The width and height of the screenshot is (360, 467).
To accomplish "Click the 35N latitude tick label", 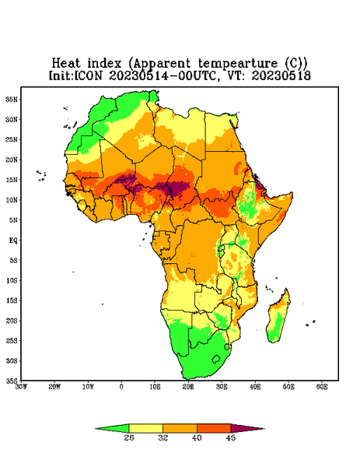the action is pos(12,100).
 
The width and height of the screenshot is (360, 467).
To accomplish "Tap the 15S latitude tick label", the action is pos(12,300).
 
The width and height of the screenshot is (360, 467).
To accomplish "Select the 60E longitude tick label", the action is pos(322,387).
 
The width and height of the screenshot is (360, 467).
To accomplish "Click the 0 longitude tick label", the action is pos(121,387).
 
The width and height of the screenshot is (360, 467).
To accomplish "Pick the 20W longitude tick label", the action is pos(54,387).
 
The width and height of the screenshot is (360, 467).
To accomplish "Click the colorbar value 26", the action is pos(129,437).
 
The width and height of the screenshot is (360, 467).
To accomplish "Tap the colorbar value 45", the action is pos(231,437).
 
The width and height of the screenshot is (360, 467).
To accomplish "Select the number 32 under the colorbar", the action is pos(163,437).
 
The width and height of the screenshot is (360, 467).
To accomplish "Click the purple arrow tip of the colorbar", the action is pos(264,429).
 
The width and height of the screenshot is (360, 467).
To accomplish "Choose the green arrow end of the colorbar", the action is pos(96,429).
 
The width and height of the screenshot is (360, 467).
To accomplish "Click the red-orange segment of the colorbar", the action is pos(214,428).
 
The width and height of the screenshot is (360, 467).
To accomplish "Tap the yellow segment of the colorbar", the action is pos(145,428).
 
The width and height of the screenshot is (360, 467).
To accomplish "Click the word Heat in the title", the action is pos(66,64).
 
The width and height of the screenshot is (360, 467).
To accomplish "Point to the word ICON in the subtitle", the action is pos(88,75).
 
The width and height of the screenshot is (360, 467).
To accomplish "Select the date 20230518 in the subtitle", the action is pos(281,75).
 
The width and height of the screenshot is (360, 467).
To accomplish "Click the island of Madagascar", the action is pos(278,318).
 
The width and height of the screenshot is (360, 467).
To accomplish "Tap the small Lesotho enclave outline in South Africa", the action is pos(216,359).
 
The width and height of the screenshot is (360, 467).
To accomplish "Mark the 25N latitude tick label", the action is pos(12,139).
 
